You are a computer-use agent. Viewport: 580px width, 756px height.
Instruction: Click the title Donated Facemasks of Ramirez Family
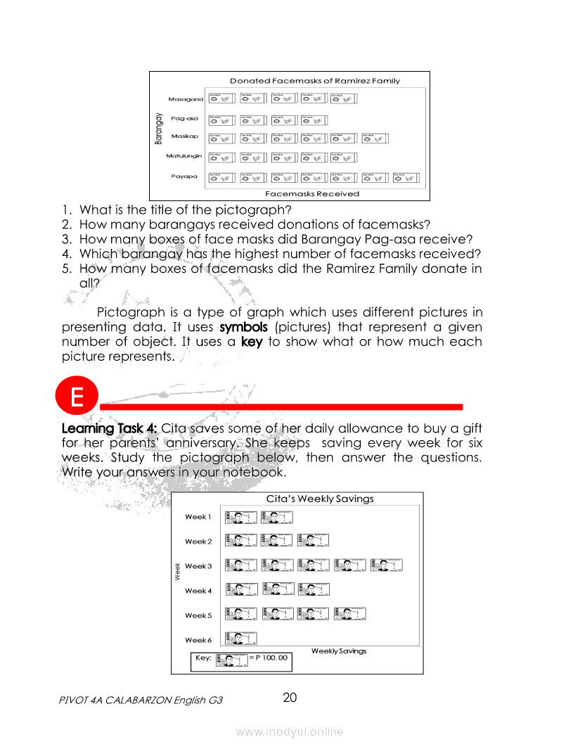314,81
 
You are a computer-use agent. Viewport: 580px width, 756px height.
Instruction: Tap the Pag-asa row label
184,119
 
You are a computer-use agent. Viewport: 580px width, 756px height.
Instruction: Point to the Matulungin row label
183,155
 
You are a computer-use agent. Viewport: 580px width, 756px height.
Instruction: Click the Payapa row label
184,177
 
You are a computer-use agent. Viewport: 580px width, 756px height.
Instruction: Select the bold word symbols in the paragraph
243,327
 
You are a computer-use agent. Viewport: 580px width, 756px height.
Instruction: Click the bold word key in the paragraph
252,342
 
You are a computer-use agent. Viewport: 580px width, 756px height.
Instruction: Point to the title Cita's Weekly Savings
319,499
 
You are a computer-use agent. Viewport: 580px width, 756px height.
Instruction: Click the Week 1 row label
197,517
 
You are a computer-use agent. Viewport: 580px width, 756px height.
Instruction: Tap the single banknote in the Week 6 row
240,639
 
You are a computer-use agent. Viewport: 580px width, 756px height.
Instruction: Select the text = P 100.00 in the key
269,658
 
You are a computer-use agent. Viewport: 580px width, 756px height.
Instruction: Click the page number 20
290,698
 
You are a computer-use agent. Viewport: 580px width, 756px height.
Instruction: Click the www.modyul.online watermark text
290,731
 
